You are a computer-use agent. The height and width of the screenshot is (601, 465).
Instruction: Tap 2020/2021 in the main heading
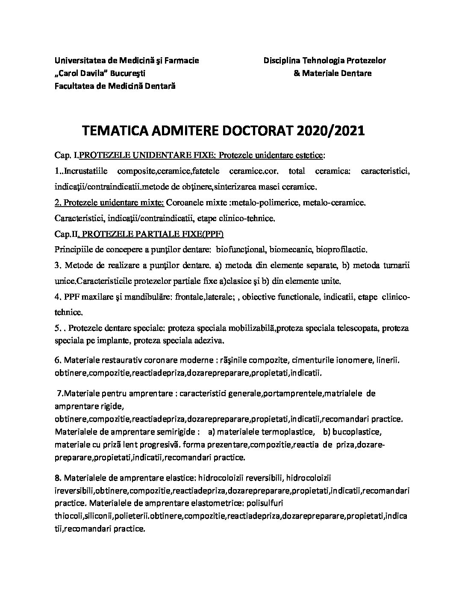[328, 131]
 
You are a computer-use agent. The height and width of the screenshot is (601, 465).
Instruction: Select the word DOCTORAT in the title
[251, 131]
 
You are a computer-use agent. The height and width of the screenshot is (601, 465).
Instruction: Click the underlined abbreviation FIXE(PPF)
[204, 234]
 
